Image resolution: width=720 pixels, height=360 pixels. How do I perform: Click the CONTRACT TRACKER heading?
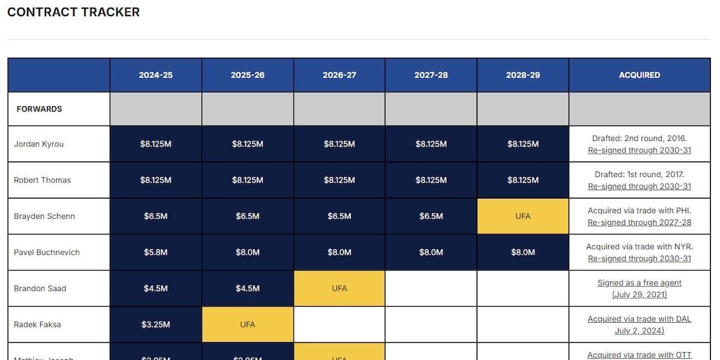pyautogui.click(x=73, y=12)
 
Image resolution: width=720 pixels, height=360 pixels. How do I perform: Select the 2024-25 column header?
pyautogui.click(x=155, y=75)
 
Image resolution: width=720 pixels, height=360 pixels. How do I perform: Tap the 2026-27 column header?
pyautogui.click(x=339, y=75)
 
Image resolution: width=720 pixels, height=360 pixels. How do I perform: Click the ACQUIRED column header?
pyautogui.click(x=639, y=75)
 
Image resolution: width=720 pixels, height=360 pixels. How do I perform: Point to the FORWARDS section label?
pyautogui.click(x=39, y=109)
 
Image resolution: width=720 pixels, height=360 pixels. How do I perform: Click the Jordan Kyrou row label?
pyautogui.click(x=38, y=144)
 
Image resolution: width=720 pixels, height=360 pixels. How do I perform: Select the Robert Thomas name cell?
pyautogui.click(x=42, y=180)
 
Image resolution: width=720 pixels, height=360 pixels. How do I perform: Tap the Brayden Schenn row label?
pyautogui.click(x=44, y=216)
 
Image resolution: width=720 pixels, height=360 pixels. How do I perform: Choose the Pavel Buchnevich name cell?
pyautogui.click(x=47, y=252)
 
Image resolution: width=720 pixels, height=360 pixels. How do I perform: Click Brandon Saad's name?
pyautogui.click(x=40, y=288)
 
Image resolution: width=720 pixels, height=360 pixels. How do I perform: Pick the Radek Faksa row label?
pyautogui.click(x=37, y=325)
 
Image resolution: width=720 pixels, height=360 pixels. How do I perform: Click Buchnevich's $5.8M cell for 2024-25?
pyautogui.click(x=155, y=252)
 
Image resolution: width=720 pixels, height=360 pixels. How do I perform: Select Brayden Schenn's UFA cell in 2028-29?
pyautogui.click(x=523, y=216)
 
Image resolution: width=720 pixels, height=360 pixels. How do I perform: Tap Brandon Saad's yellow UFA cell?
pyautogui.click(x=339, y=288)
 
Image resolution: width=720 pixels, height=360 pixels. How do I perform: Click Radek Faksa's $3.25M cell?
pyautogui.click(x=155, y=325)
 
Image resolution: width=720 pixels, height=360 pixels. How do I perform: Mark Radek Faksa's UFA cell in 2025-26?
pyautogui.click(x=247, y=325)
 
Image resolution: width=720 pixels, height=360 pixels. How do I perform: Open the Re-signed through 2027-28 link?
pyautogui.click(x=639, y=223)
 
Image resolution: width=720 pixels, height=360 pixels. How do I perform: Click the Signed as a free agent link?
pyautogui.click(x=639, y=283)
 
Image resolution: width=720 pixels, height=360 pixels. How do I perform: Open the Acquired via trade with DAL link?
pyautogui.click(x=639, y=319)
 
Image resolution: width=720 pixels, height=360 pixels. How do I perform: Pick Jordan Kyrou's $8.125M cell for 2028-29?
pyautogui.click(x=523, y=144)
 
